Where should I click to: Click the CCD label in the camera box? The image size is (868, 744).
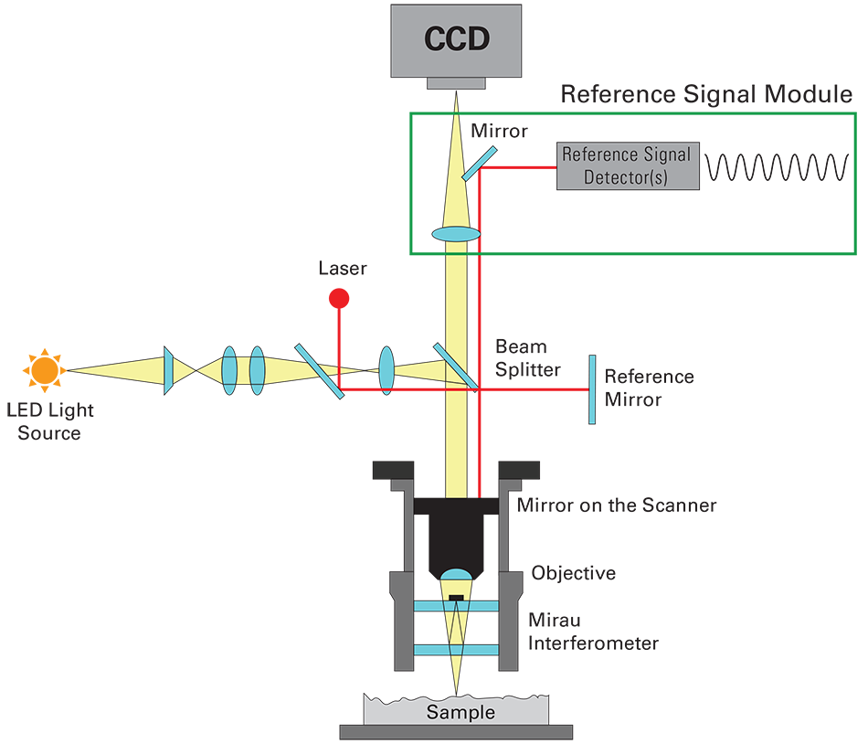point(456,39)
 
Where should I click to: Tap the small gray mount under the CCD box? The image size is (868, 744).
point(456,83)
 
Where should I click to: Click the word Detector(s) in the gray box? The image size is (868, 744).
point(629,176)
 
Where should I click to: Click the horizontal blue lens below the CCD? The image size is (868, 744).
point(455,236)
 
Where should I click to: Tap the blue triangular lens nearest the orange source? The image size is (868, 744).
point(169,369)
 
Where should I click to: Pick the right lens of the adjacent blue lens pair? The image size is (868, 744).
point(257,369)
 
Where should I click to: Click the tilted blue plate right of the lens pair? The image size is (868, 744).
point(320,371)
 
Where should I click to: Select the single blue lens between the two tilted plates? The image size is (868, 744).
point(386,369)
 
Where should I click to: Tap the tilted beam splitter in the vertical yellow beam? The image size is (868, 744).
point(454,366)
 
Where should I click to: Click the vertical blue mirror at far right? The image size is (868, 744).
point(591,389)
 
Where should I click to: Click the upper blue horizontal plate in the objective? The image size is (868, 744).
point(456,606)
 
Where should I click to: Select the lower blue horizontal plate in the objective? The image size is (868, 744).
point(456,649)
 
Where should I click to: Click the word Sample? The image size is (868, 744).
point(456,711)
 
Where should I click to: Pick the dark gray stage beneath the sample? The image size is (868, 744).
point(456,731)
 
